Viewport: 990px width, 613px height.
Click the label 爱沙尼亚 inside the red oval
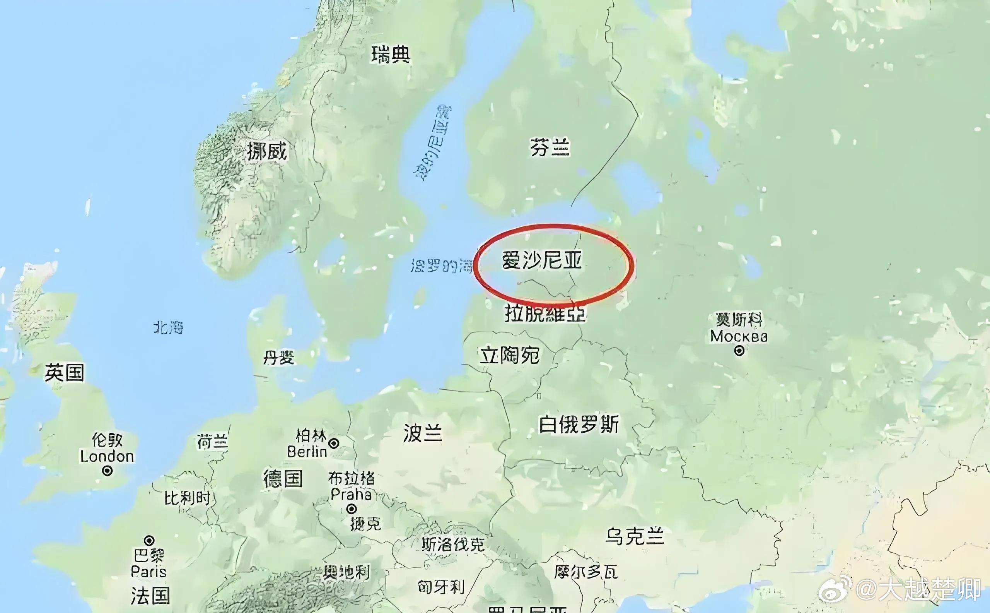(x=542, y=260)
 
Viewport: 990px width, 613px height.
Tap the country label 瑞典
(x=391, y=55)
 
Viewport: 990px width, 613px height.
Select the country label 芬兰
(x=550, y=147)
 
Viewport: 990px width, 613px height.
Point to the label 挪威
(x=267, y=152)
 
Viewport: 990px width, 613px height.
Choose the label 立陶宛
(x=510, y=355)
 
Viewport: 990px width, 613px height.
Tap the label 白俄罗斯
(x=579, y=425)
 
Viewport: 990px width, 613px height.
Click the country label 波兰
(x=423, y=433)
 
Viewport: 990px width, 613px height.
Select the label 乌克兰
(x=635, y=536)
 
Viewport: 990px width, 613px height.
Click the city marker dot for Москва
(x=739, y=351)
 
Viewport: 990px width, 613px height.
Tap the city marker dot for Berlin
(x=334, y=443)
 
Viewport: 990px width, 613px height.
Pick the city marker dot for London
(x=108, y=471)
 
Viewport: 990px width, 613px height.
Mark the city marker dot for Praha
(x=352, y=509)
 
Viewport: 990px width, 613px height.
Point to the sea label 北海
(x=168, y=327)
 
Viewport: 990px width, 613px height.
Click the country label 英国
(x=65, y=373)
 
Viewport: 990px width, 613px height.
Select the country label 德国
(x=283, y=478)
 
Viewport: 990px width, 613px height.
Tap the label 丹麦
(x=279, y=358)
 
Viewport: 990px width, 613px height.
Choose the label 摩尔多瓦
(x=586, y=572)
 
